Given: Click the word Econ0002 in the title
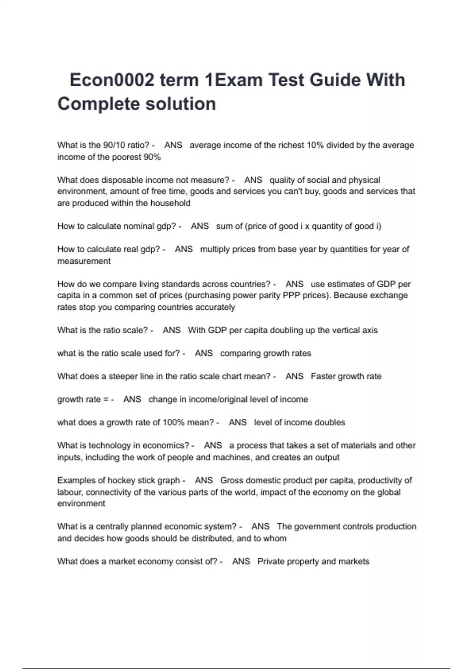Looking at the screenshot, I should click(112, 80).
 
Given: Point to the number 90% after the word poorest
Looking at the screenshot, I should click(152, 157).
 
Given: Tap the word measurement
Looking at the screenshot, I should click(84, 261).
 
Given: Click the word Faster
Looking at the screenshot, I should click(322, 376).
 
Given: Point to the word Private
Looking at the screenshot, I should click(270, 562).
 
